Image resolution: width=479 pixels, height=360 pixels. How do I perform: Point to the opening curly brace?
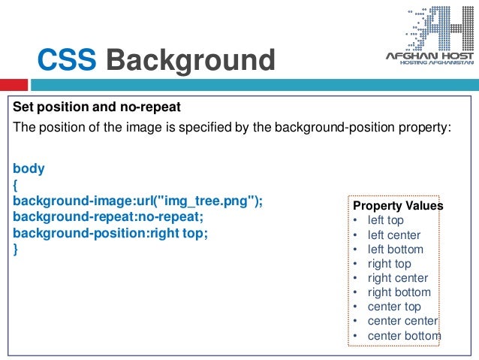point(17,185)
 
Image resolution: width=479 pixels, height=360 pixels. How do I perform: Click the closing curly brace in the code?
point(17,250)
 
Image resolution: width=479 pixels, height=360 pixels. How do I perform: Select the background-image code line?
point(138,201)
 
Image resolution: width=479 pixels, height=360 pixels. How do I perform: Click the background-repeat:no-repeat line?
point(108,217)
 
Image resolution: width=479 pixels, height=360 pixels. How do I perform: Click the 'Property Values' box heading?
point(398,206)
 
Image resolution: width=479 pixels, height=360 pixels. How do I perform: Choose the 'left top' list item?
point(385,220)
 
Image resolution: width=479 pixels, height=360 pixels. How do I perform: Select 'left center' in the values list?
point(393,235)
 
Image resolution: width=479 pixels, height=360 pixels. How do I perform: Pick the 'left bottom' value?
point(395,250)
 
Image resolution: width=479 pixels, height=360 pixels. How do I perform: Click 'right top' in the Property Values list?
point(389,264)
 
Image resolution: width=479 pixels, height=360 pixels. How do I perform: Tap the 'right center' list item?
point(397,278)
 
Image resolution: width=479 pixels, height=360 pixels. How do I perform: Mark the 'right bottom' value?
point(399,292)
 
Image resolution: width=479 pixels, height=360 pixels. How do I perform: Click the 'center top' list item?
point(394,307)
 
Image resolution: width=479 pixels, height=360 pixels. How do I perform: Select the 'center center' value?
point(402,321)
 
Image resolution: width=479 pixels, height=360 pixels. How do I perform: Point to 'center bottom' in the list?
point(404,335)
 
